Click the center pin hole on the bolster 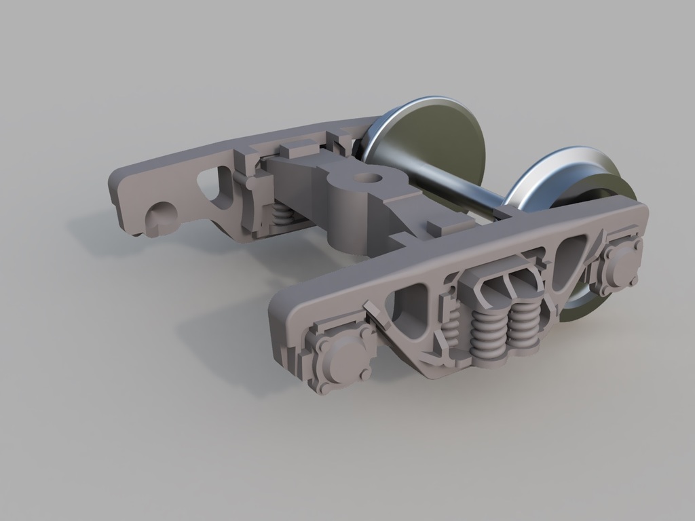(x=367, y=178)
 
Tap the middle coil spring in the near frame (x=488, y=333)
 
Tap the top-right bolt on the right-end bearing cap (x=637, y=242)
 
